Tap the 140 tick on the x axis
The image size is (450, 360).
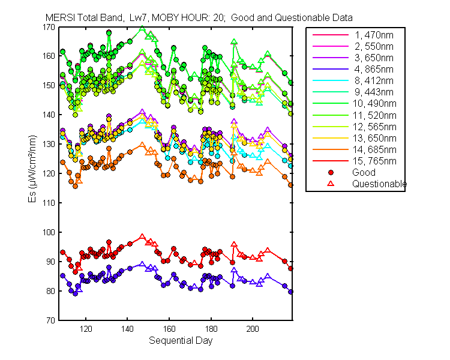127,329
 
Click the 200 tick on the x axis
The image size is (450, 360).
253,329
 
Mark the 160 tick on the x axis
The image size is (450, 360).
169,329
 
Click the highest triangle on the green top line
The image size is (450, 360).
142,29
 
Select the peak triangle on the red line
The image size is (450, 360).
142,237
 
